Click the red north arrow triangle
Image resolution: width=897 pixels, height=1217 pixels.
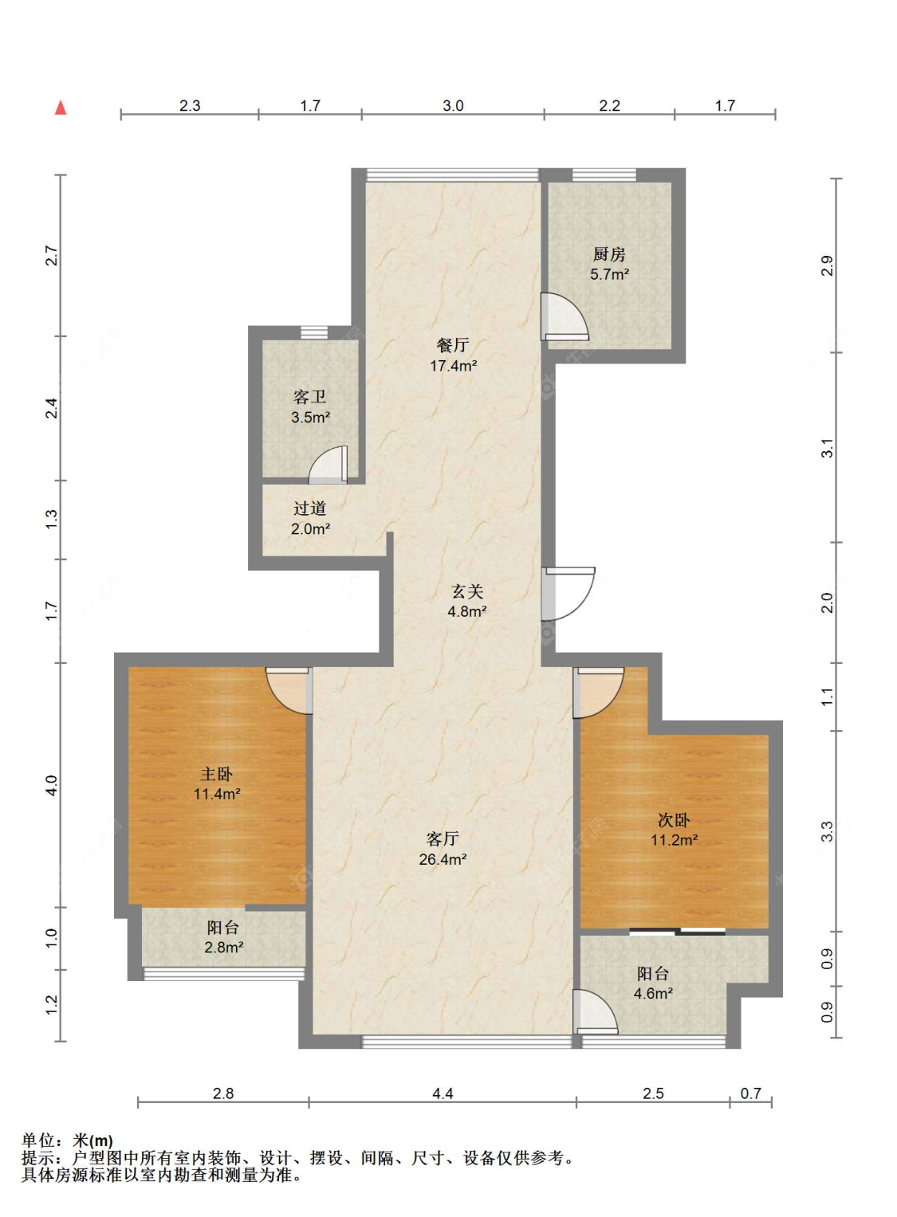click(x=61, y=108)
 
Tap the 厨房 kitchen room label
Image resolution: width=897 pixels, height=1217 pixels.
click(x=609, y=253)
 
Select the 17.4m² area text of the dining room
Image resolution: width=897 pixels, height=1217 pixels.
click(x=454, y=366)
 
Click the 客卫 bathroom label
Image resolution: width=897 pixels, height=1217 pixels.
click(x=310, y=397)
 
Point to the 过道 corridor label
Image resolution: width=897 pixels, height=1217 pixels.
click(x=310, y=508)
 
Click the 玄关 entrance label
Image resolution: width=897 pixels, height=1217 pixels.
click(x=467, y=591)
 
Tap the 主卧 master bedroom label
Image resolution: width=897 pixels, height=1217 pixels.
click(x=216, y=774)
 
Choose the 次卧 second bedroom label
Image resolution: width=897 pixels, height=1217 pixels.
click(x=674, y=820)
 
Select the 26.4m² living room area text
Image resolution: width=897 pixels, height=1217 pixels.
click(x=443, y=859)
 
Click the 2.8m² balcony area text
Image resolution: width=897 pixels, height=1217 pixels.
click(x=223, y=948)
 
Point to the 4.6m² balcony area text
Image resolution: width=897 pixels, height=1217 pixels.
click(x=654, y=994)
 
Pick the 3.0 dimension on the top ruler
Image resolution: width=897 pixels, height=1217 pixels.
click(x=453, y=105)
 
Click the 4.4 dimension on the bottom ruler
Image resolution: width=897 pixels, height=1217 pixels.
click(x=443, y=1093)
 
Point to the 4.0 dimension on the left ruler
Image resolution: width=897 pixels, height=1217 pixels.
click(x=52, y=785)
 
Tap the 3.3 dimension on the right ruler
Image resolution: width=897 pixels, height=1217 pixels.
click(x=827, y=831)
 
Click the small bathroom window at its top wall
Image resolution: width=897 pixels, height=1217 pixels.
click(x=314, y=332)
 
